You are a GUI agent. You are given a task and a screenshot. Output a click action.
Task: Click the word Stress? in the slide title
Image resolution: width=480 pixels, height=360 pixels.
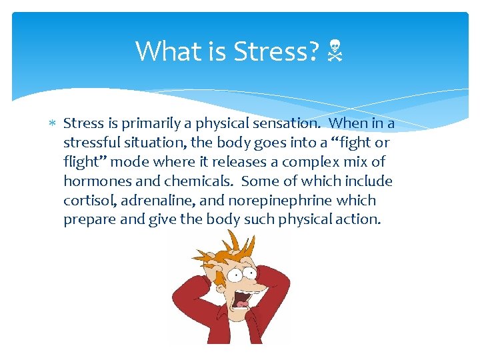[x=275, y=51]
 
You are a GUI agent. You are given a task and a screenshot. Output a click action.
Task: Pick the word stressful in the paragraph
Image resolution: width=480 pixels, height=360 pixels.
[x=91, y=143]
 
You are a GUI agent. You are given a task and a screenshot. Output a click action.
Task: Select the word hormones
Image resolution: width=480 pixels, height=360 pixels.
[x=93, y=181]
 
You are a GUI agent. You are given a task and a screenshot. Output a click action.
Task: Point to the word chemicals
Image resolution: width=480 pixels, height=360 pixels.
[x=197, y=181]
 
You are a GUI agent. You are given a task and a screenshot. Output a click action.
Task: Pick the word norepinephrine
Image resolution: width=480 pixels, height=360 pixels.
[x=271, y=201]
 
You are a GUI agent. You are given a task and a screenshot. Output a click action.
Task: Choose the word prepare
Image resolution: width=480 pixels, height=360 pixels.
[x=88, y=220]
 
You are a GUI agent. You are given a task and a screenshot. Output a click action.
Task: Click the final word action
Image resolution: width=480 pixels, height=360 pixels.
[x=359, y=220]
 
